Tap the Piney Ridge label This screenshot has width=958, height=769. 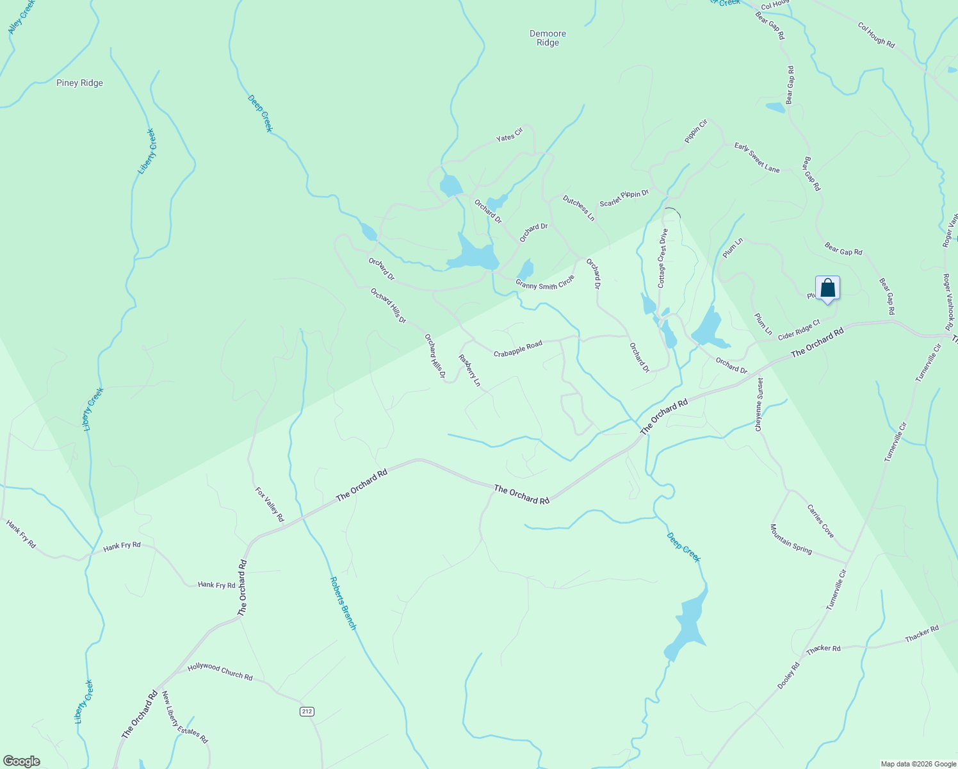pyautogui.click(x=79, y=83)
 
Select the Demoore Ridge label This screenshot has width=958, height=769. pyautogui.click(x=548, y=38)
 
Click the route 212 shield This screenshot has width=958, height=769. pyautogui.click(x=307, y=711)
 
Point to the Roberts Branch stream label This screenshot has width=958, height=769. pyautogui.click(x=343, y=603)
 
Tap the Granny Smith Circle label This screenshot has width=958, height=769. pyautogui.click(x=545, y=282)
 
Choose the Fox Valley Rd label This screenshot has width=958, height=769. pyautogui.click(x=270, y=504)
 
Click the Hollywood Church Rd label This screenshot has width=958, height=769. pyautogui.click(x=220, y=672)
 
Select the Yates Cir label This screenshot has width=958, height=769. pyautogui.click(x=510, y=135)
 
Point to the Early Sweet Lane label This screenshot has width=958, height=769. pyautogui.click(x=757, y=157)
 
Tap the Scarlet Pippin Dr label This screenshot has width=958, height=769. pyautogui.click(x=624, y=198)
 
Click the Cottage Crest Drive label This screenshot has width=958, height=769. pyautogui.click(x=663, y=258)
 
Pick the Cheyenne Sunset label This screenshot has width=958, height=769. pyautogui.click(x=759, y=404)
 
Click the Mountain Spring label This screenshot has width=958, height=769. pyautogui.click(x=791, y=539)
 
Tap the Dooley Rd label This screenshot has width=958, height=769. pyautogui.click(x=789, y=675)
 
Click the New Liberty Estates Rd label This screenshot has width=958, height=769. pyautogui.click(x=185, y=717)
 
